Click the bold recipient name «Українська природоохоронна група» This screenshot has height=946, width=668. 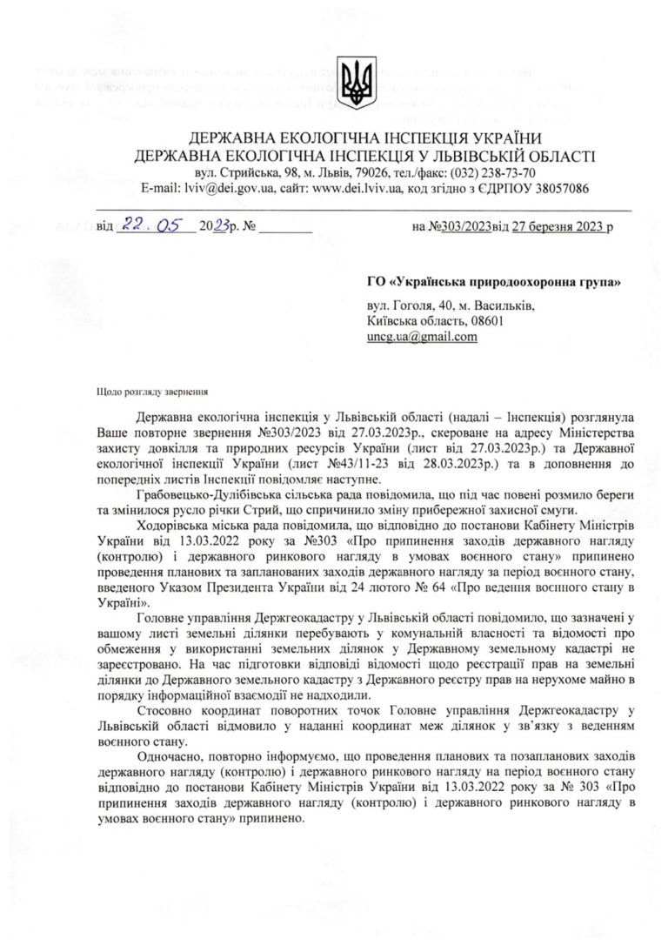click(508, 283)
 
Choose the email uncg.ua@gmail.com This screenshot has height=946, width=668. click(422, 337)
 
